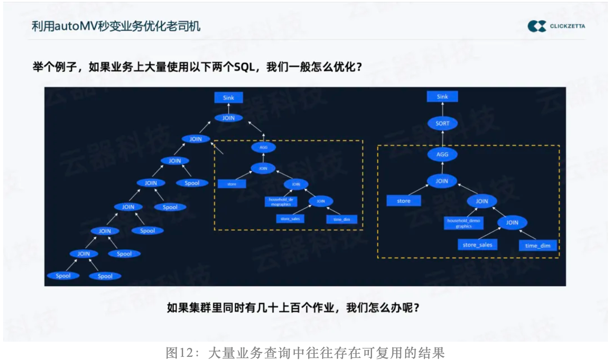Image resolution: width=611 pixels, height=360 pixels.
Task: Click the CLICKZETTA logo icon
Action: coord(536,26)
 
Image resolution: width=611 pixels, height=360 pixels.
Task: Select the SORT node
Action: coord(442,123)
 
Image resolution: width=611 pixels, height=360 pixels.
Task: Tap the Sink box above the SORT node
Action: coord(442,97)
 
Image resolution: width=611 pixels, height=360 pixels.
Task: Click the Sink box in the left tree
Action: coord(228,98)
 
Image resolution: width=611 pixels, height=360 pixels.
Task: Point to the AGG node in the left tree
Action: coord(263,147)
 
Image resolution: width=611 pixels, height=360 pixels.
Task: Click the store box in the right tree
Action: coord(404,201)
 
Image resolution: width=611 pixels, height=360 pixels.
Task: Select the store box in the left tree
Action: coord(232,184)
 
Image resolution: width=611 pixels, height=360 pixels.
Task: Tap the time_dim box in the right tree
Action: coord(538,246)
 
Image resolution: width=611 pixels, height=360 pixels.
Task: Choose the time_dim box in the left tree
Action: coord(342,219)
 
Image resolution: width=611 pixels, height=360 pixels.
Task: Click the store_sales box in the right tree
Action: coord(477,245)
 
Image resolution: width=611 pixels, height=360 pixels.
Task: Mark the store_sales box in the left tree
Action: coord(290,219)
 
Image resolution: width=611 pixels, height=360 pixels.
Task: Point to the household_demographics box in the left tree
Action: coord(280,201)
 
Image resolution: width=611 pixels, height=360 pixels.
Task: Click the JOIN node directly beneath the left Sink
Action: coord(228,118)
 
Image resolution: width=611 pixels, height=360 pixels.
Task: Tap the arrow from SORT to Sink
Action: coord(442,109)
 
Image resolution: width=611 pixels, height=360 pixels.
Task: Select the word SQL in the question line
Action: coord(244,68)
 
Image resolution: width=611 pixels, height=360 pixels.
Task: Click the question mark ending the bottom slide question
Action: coord(417,308)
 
